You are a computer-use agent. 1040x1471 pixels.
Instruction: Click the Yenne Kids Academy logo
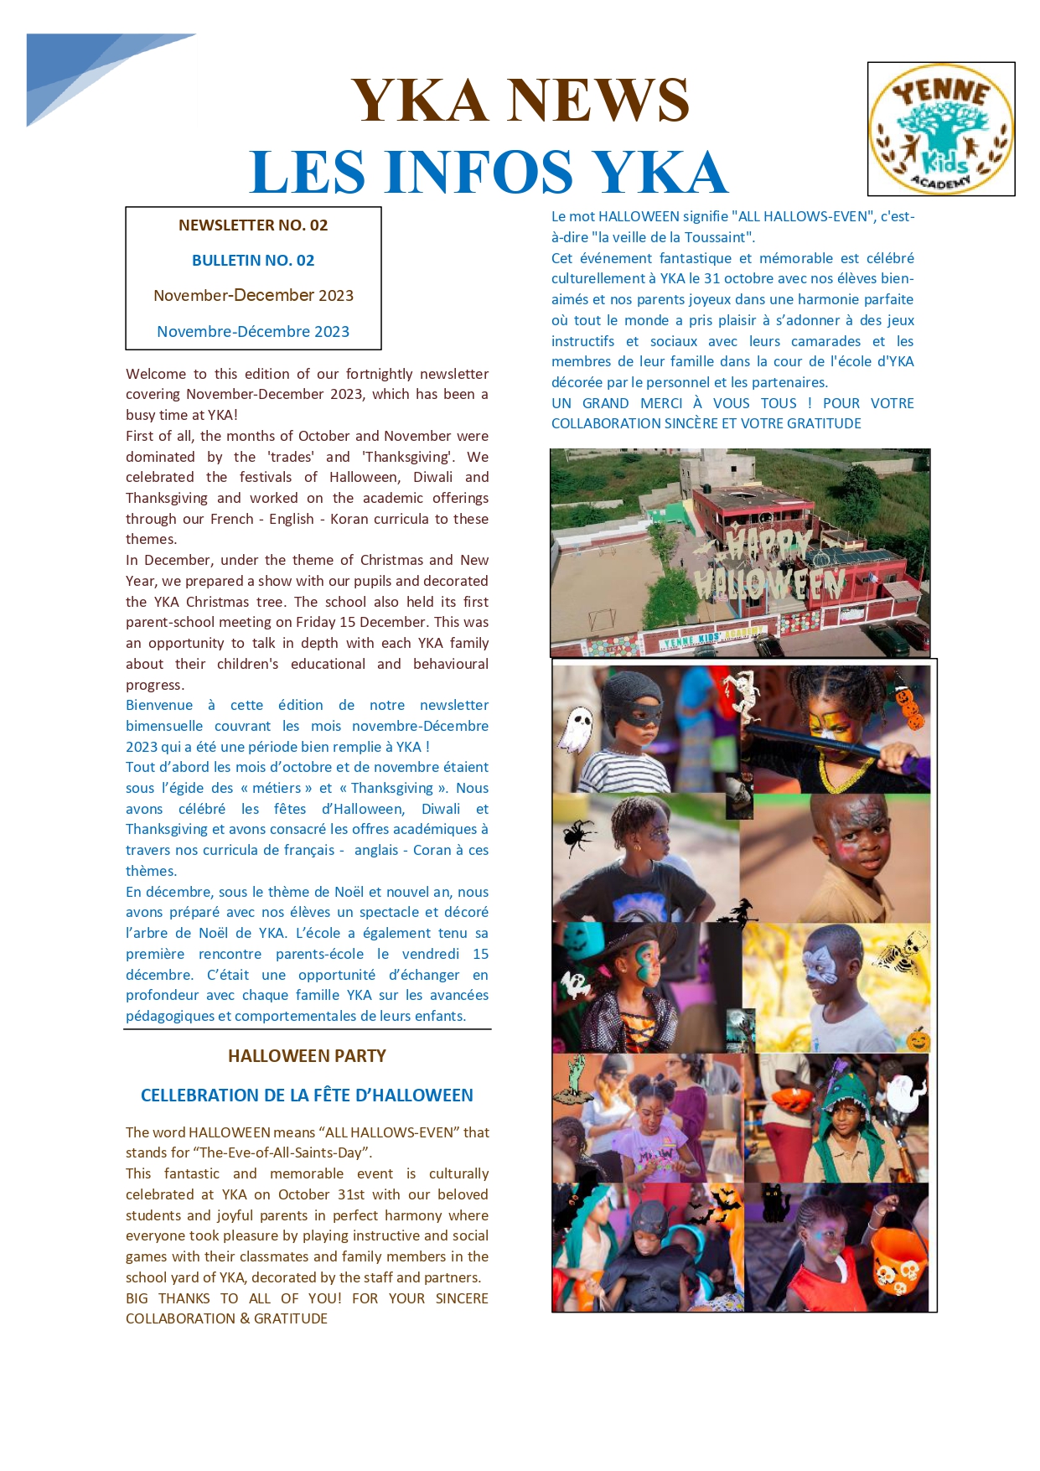[941, 129]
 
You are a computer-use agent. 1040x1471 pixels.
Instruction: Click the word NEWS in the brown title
[598, 100]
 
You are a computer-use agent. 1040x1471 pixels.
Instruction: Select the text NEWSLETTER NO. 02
[253, 225]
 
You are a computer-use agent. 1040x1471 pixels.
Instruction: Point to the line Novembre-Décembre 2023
[253, 332]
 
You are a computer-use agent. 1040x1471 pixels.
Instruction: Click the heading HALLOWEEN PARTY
[307, 1056]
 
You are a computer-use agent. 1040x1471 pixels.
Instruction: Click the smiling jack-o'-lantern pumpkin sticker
[918, 1040]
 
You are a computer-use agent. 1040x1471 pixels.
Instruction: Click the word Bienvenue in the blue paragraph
[159, 706]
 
